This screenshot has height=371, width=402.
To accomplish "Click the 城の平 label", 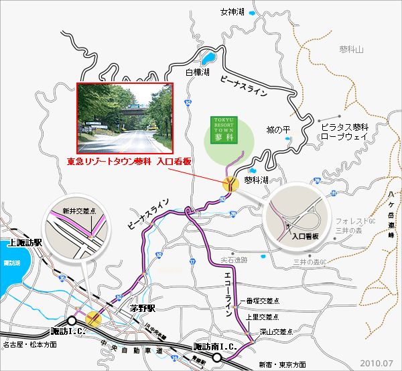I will click(x=276, y=129).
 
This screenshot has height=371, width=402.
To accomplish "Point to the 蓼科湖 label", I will click(x=255, y=180).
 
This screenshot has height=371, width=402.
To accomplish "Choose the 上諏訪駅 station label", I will click(x=26, y=243).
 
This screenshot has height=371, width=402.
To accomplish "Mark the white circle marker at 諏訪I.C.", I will click(x=71, y=320).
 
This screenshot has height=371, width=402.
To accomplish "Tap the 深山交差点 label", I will click(x=275, y=331).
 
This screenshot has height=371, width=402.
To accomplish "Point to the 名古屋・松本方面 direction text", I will click(x=29, y=345).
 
